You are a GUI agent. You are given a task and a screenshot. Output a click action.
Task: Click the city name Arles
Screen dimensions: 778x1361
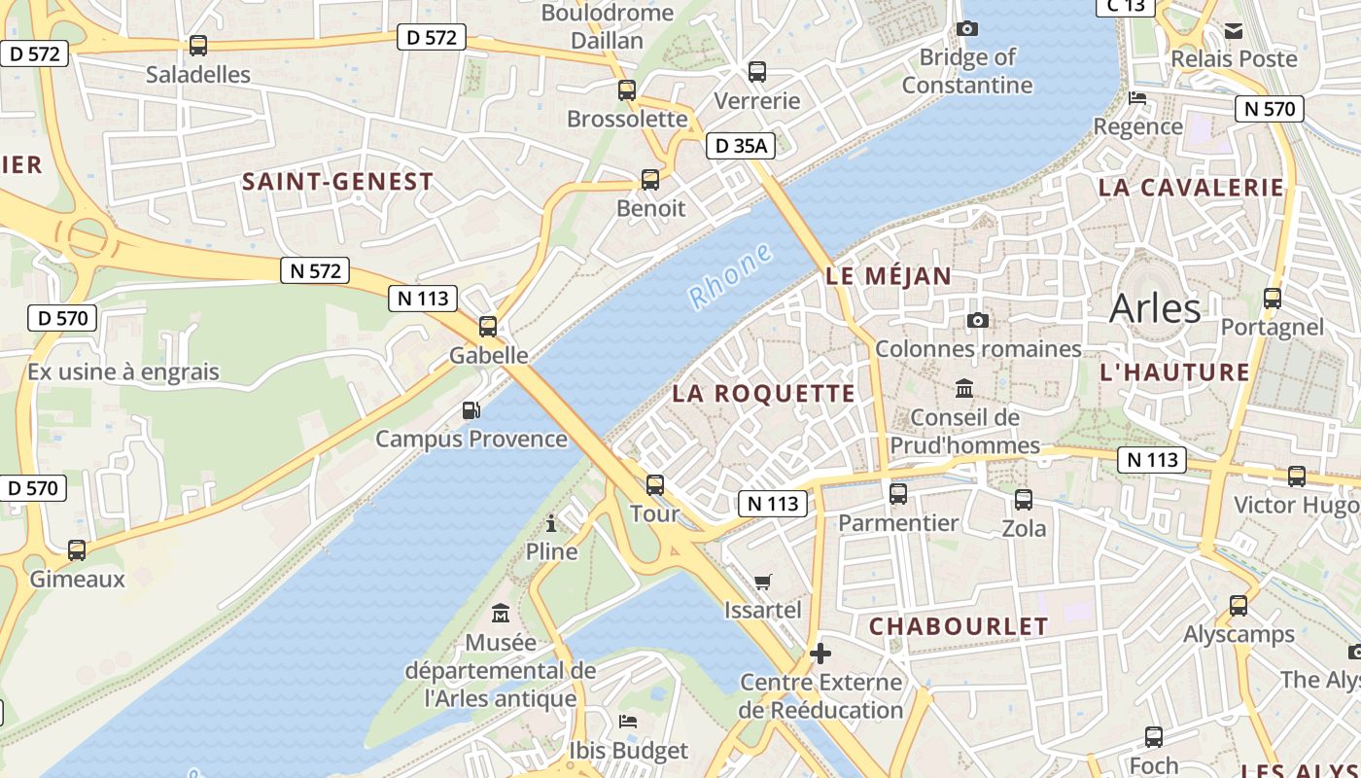point(1155,308)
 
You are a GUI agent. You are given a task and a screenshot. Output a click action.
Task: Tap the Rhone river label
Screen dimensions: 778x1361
point(730,277)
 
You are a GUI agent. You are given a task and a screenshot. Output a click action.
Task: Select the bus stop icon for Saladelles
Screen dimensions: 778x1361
point(198,45)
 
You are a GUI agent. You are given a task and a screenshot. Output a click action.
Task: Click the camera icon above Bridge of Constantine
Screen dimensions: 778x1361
point(966,28)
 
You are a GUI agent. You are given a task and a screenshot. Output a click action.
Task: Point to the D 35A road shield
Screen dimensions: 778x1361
point(740,147)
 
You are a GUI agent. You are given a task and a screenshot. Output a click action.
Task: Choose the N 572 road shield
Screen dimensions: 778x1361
point(315,271)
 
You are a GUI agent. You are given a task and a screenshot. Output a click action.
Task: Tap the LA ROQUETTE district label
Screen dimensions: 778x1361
point(764,394)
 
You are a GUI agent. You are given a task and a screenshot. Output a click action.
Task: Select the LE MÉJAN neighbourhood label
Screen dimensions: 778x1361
point(889,276)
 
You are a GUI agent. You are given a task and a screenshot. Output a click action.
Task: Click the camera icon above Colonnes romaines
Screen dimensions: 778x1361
point(978,320)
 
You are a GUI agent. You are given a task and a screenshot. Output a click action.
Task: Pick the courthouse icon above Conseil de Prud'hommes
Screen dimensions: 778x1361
point(964,389)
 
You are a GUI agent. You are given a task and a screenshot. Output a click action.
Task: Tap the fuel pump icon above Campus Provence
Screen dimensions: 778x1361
point(471,410)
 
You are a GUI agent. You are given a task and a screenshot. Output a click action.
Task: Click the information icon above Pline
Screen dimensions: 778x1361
point(551,524)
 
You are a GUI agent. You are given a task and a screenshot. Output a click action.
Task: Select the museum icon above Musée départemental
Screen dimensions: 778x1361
point(501,614)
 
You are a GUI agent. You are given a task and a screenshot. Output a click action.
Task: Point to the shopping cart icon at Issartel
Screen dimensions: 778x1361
point(763,582)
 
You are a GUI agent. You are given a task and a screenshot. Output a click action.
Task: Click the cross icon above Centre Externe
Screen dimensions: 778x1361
point(820,653)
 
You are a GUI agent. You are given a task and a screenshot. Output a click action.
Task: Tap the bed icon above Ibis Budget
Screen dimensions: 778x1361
point(628,722)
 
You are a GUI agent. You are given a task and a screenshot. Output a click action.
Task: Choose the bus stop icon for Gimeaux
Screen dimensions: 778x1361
point(77,550)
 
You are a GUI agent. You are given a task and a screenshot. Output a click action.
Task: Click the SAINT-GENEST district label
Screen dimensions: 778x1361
point(337,182)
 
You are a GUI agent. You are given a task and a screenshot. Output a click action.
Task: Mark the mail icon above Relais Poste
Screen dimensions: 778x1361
point(1234,31)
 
